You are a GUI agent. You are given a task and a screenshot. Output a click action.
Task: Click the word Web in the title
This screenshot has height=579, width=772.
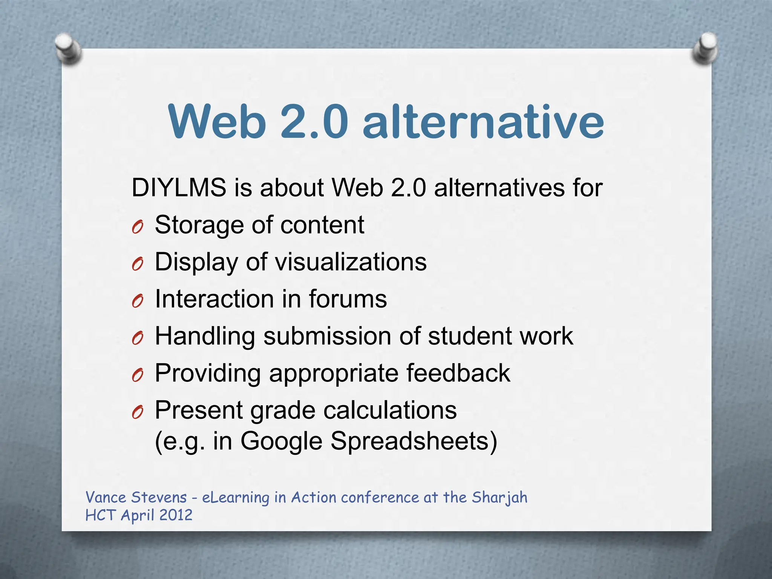click(218, 122)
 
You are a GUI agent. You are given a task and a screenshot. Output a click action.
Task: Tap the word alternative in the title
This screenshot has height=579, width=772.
click(483, 122)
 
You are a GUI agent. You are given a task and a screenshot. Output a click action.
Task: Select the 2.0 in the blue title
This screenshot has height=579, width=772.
click(314, 122)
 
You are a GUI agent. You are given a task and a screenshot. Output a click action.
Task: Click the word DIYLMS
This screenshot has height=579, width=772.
click(179, 187)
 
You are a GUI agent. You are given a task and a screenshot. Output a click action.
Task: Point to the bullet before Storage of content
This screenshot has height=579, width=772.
click(138, 227)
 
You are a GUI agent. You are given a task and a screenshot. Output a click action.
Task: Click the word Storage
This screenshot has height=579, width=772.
click(199, 225)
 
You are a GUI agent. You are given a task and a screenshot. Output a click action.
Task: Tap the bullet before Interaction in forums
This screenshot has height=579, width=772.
click(138, 301)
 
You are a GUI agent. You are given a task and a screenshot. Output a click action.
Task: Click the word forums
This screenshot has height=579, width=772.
click(348, 299)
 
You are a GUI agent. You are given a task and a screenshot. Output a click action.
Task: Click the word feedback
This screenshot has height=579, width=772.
click(458, 373)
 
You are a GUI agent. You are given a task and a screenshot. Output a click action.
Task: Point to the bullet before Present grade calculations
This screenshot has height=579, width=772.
click(138, 413)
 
